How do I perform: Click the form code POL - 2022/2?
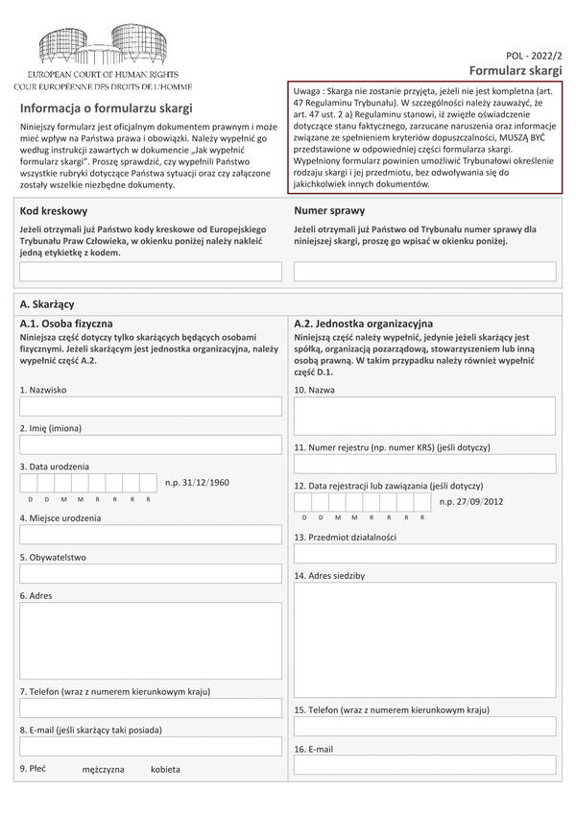click(x=534, y=59)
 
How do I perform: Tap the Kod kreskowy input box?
click(x=151, y=272)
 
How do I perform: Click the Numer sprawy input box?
click(x=425, y=272)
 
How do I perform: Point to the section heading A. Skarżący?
click(x=47, y=303)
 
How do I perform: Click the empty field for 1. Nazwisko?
click(x=151, y=406)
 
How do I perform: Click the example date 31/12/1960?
click(x=198, y=482)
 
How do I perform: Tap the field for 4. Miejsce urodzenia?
click(x=151, y=534)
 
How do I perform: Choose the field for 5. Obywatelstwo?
click(x=151, y=573)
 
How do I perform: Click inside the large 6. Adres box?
click(x=151, y=640)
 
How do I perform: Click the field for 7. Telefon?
click(x=151, y=707)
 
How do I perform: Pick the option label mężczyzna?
click(x=103, y=770)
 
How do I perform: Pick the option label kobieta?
click(x=165, y=770)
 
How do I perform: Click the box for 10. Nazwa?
click(x=425, y=416)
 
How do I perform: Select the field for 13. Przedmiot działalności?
click(x=425, y=554)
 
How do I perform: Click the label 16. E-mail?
click(x=314, y=749)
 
